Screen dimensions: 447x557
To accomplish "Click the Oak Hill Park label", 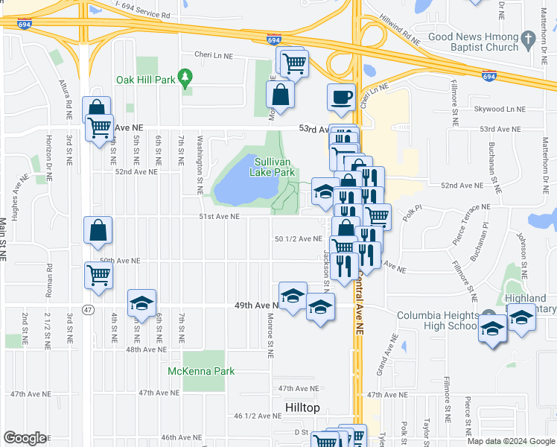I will (145, 80).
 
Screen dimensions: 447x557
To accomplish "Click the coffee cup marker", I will (341, 98).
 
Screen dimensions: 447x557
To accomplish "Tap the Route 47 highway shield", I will (88, 309).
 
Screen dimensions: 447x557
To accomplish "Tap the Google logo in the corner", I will (25, 438).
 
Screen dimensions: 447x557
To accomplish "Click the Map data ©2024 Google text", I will (511, 441).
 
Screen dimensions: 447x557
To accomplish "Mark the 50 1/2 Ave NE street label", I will (298, 239).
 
